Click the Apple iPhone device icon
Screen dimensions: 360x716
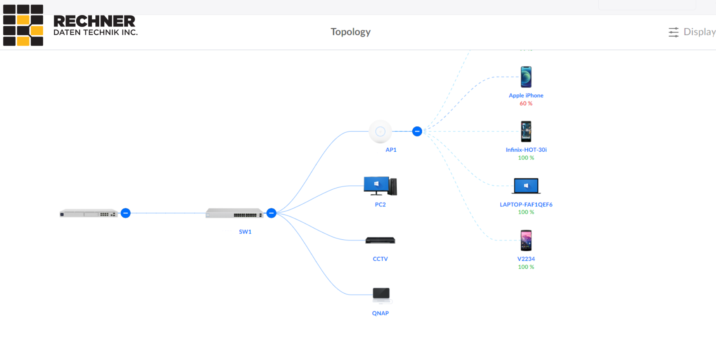coord(526,77)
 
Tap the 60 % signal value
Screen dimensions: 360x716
coord(526,104)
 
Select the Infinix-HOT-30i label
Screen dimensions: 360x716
coord(526,150)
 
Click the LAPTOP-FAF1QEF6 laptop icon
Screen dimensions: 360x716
coord(526,186)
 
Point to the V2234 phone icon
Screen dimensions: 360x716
coord(526,240)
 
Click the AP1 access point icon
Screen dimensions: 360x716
coord(380,132)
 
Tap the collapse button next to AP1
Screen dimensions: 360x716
coord(417,132)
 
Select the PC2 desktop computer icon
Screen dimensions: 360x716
coord(380,186)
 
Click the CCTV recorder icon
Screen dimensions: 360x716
coord(380,241)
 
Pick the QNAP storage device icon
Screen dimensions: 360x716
coord(381,294)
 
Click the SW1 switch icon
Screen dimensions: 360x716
coord(234,213)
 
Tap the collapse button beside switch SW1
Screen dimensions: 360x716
coord(271,213)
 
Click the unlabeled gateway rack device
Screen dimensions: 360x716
coord(88,213)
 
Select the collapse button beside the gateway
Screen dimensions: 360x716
coord(126,213)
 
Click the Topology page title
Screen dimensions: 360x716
coord(350,32)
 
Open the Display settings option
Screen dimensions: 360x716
coord(692,32)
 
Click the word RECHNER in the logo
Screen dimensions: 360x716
coord(94,21)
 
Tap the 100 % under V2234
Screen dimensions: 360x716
coord(526,267)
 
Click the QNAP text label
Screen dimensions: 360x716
coord(380,313)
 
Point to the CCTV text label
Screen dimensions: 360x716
coord(380,259)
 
